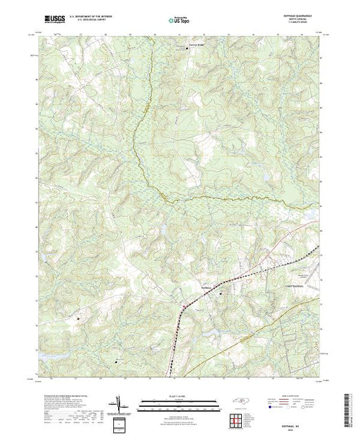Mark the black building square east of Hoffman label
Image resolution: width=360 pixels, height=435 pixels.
[x=221, y=293]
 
